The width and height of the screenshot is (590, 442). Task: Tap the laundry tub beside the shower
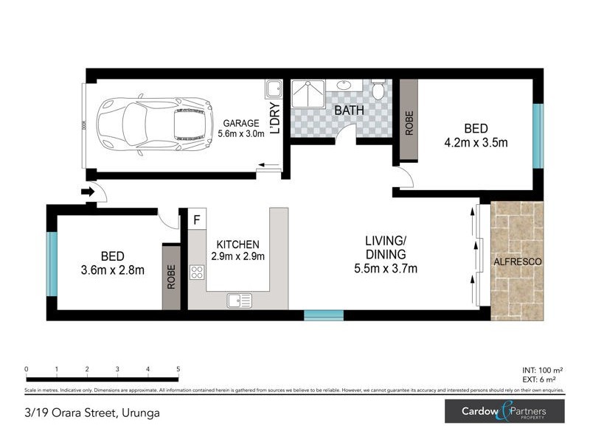click(x=273, y=91)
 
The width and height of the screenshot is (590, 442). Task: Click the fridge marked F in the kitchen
click(x=197, y=219)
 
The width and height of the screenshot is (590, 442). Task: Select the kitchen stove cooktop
click(x=197, y=273)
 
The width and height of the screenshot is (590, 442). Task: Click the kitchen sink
click(x=240, y=300)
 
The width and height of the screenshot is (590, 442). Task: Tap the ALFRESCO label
click(x=517, y=262)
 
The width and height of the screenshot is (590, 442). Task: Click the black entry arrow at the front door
click(x=87, y=192)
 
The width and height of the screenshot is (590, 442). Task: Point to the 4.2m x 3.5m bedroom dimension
click(x=476, y=143)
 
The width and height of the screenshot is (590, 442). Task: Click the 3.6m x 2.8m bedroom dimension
click(x=112, y=270)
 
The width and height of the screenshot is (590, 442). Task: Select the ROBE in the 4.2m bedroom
click(x=408, y=121)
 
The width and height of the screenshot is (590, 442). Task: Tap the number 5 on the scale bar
click(x=178, y=369)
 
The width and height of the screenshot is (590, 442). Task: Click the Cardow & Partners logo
click(x=504, y=411)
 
